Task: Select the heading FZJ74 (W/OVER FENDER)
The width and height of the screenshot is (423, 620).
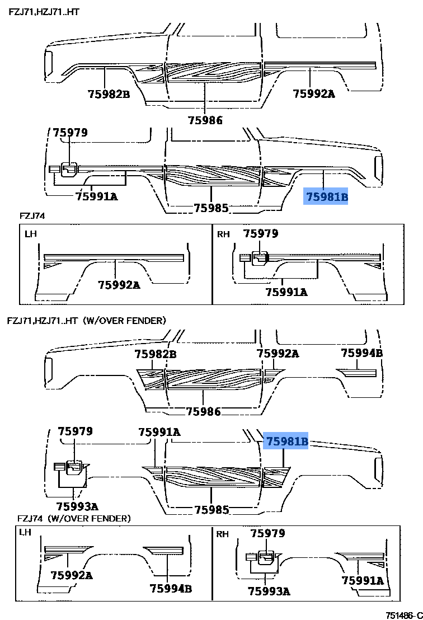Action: coord(74,518)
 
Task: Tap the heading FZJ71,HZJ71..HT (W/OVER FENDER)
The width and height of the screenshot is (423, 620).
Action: coord(87,321)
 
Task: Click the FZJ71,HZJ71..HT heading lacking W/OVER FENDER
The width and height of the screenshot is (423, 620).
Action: coord(43,11)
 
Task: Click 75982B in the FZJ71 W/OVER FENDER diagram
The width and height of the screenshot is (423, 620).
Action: coord(156,354)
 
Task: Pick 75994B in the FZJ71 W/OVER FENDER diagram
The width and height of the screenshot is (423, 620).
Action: coord(362,353)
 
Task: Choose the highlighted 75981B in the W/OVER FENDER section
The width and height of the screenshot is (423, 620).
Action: coord(287,441)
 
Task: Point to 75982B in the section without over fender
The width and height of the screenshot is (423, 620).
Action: coord(109,94)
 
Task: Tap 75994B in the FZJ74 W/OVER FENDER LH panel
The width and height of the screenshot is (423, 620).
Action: coord(171,588)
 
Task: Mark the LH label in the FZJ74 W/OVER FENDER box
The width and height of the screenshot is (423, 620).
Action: coord(26,532)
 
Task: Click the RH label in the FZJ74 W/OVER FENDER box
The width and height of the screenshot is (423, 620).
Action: coord(223,534)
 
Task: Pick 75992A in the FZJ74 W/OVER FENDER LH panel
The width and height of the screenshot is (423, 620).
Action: coord(72,575)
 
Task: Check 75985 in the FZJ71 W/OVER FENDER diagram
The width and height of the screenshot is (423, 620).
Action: coord(211,510)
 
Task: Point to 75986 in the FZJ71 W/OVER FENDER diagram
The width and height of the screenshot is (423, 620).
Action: coord(204,411)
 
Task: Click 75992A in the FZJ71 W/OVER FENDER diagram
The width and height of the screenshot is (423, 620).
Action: coord(278,354)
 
